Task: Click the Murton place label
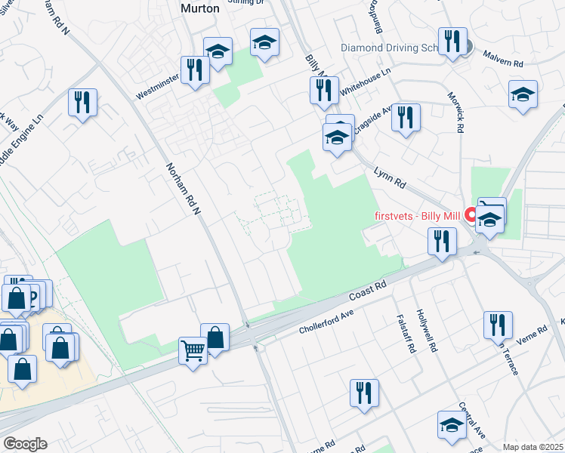pos(199,8)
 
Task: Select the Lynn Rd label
pos(390,178)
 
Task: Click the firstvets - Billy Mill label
pos(418,215)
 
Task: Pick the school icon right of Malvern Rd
pos(523,95)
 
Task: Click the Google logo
pos(25,443)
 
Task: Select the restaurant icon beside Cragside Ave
pos(406,117)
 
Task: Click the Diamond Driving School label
pos(389,47)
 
